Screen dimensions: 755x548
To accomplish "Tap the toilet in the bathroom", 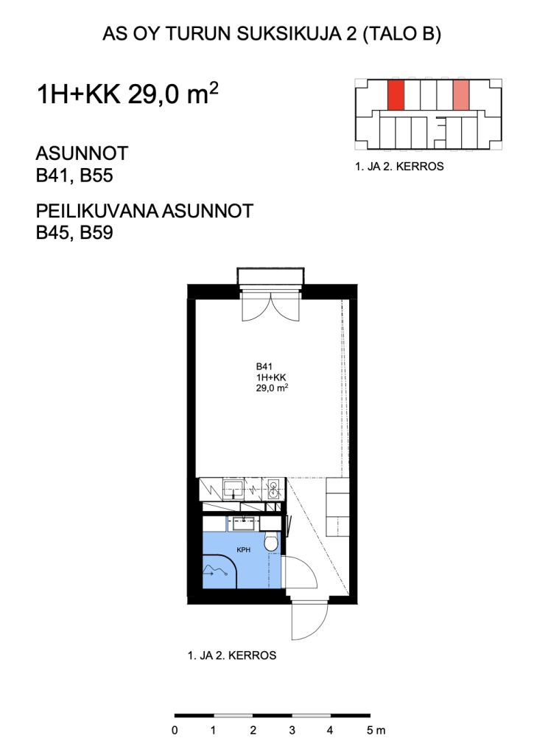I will (270, 544).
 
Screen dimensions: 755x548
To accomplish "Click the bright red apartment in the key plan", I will (396, 94).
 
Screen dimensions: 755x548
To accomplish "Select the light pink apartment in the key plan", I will (460, 94).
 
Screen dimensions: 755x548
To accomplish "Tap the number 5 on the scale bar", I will (369, 731).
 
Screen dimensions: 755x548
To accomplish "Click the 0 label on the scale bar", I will (175, 731).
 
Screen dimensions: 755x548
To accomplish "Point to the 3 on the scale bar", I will (292, 731).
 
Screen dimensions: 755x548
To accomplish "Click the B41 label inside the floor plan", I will (264, 366).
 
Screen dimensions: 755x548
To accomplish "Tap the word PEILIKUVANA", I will (99, 211).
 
